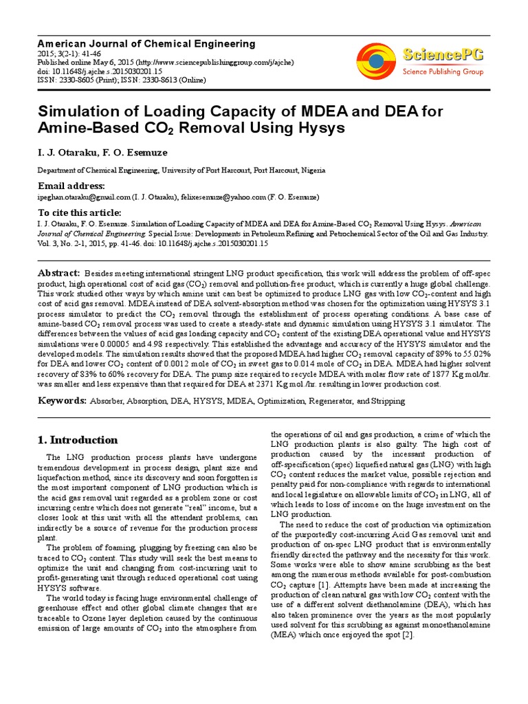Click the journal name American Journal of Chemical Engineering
pyautogui.click(x=146, y=43)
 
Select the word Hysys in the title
pyautogui.click(x=303, y=128)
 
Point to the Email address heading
pyautogui.click(x=71, y=186)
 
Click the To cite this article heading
pyautogui.click(x=79, y=213)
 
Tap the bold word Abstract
pyautogui.click(x=59, y=273)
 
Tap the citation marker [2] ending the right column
pyautogui.click(x=408, y=635)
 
